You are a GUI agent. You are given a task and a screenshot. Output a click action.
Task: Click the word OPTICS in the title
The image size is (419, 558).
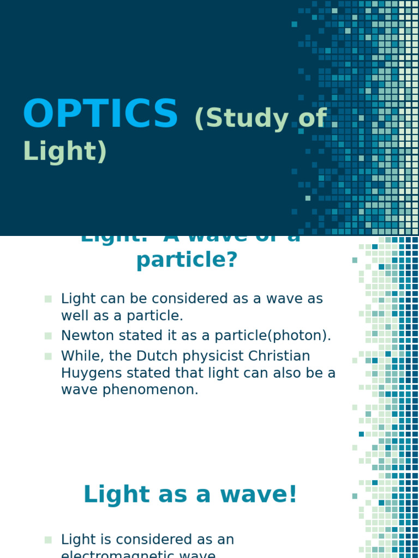pos(100,114)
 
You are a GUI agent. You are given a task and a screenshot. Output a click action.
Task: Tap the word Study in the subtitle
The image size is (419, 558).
pos(242,119)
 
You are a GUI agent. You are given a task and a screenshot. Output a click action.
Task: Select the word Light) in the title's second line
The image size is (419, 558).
pos(65,151)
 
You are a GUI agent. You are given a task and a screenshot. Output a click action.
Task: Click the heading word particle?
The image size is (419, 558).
pos(187,260)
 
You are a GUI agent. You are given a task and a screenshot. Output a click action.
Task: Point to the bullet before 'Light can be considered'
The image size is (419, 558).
pos(48,299)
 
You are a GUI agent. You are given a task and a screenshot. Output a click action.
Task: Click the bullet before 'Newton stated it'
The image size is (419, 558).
pos(48,336)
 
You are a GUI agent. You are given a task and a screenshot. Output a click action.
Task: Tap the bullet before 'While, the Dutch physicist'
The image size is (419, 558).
pos(48,356)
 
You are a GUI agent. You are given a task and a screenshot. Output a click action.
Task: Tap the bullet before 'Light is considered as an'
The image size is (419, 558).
pos(48,540)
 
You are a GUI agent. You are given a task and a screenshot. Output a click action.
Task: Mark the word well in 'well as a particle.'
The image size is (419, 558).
pos(73,316)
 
